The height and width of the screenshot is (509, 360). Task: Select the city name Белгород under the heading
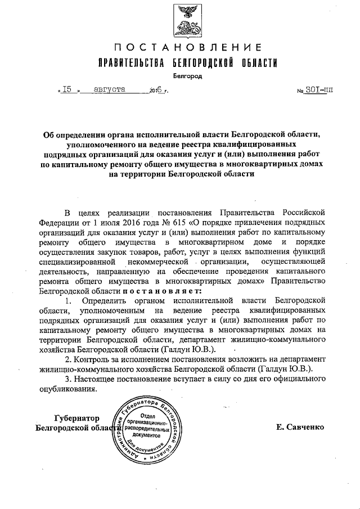click(187, 75)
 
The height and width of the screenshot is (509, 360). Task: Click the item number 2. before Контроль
click(69, 359)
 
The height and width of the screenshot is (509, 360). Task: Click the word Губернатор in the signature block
click(77, 418)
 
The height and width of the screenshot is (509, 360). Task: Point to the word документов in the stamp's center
click(148, 435)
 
